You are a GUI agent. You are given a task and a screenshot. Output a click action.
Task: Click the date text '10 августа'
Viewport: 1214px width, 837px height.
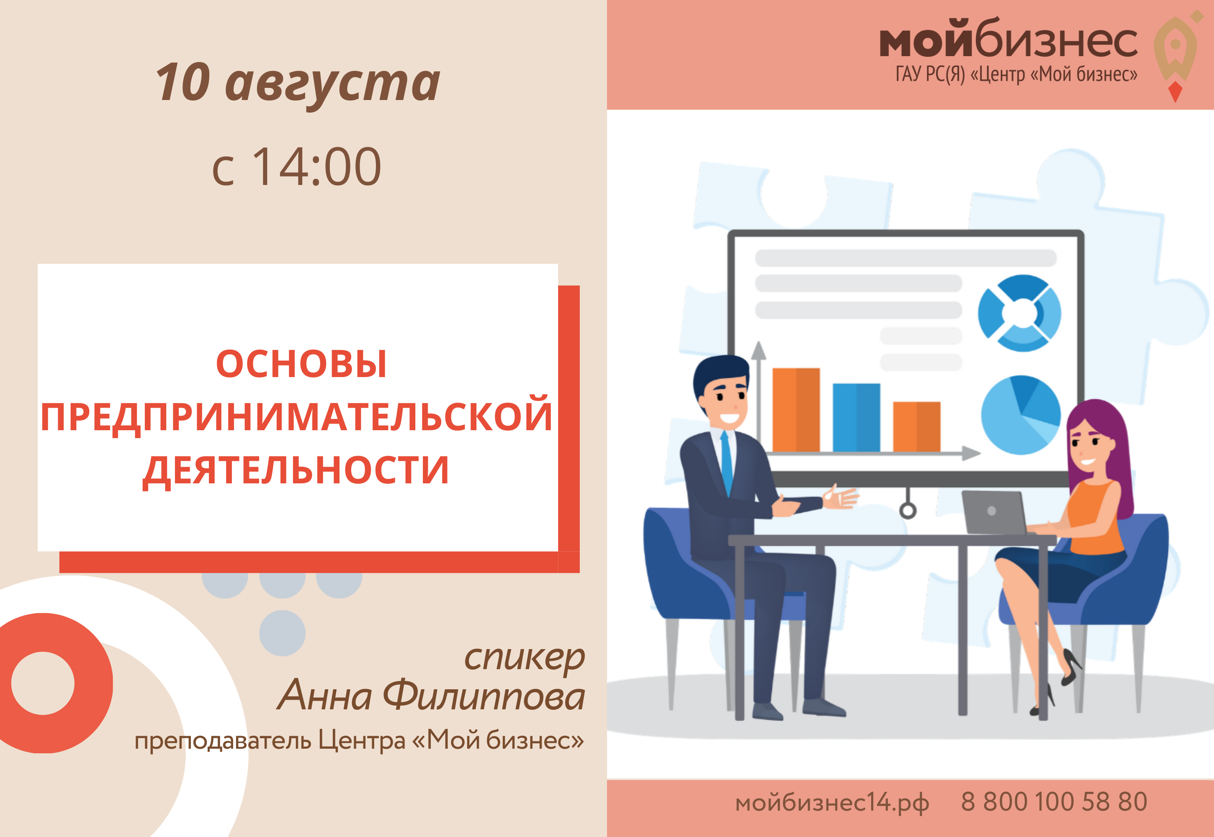coord(298,83)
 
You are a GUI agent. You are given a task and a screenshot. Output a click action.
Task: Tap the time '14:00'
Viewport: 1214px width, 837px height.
coord(317,167)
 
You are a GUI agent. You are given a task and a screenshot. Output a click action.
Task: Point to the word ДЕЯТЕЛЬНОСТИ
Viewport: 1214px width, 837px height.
coord(296,470)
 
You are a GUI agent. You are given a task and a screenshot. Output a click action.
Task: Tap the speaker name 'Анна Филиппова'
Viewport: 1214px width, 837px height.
coord(431,696)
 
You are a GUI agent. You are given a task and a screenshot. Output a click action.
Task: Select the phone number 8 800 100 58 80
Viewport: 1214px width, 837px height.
coord(1054,801)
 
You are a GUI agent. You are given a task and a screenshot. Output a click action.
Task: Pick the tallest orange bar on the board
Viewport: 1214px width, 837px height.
coord(796,410)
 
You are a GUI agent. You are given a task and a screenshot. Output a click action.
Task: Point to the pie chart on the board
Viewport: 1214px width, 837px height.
coord(1021,414)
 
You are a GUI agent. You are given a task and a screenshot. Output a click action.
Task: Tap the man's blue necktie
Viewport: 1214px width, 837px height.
coord(727,462)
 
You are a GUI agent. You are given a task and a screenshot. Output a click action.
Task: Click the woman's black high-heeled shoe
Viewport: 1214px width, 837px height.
coord(1070,667)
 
